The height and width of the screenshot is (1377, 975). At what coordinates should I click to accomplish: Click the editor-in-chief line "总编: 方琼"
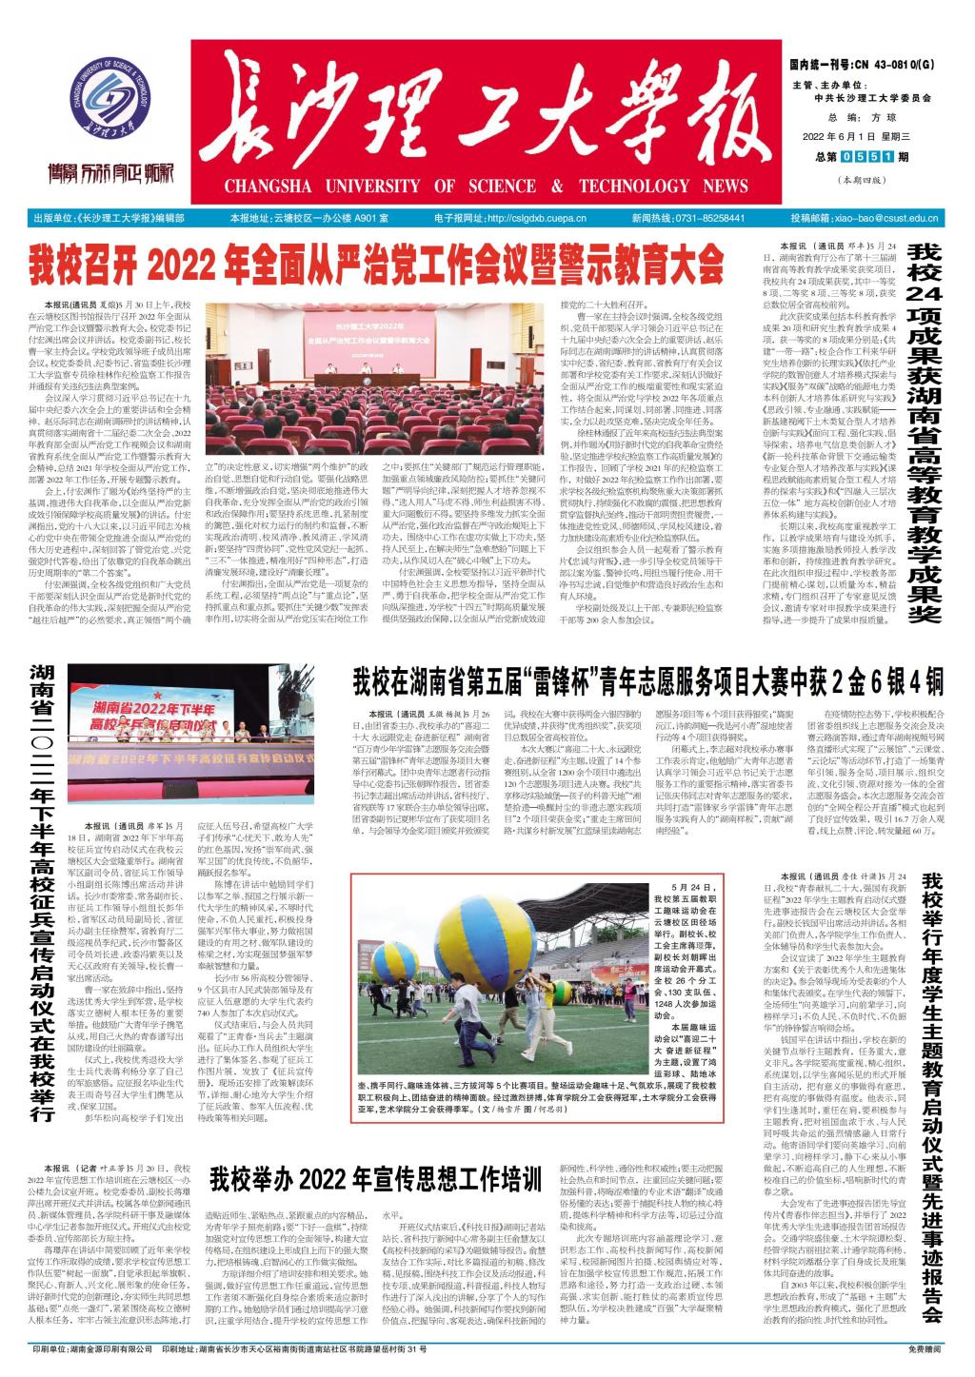coord(856,116)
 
